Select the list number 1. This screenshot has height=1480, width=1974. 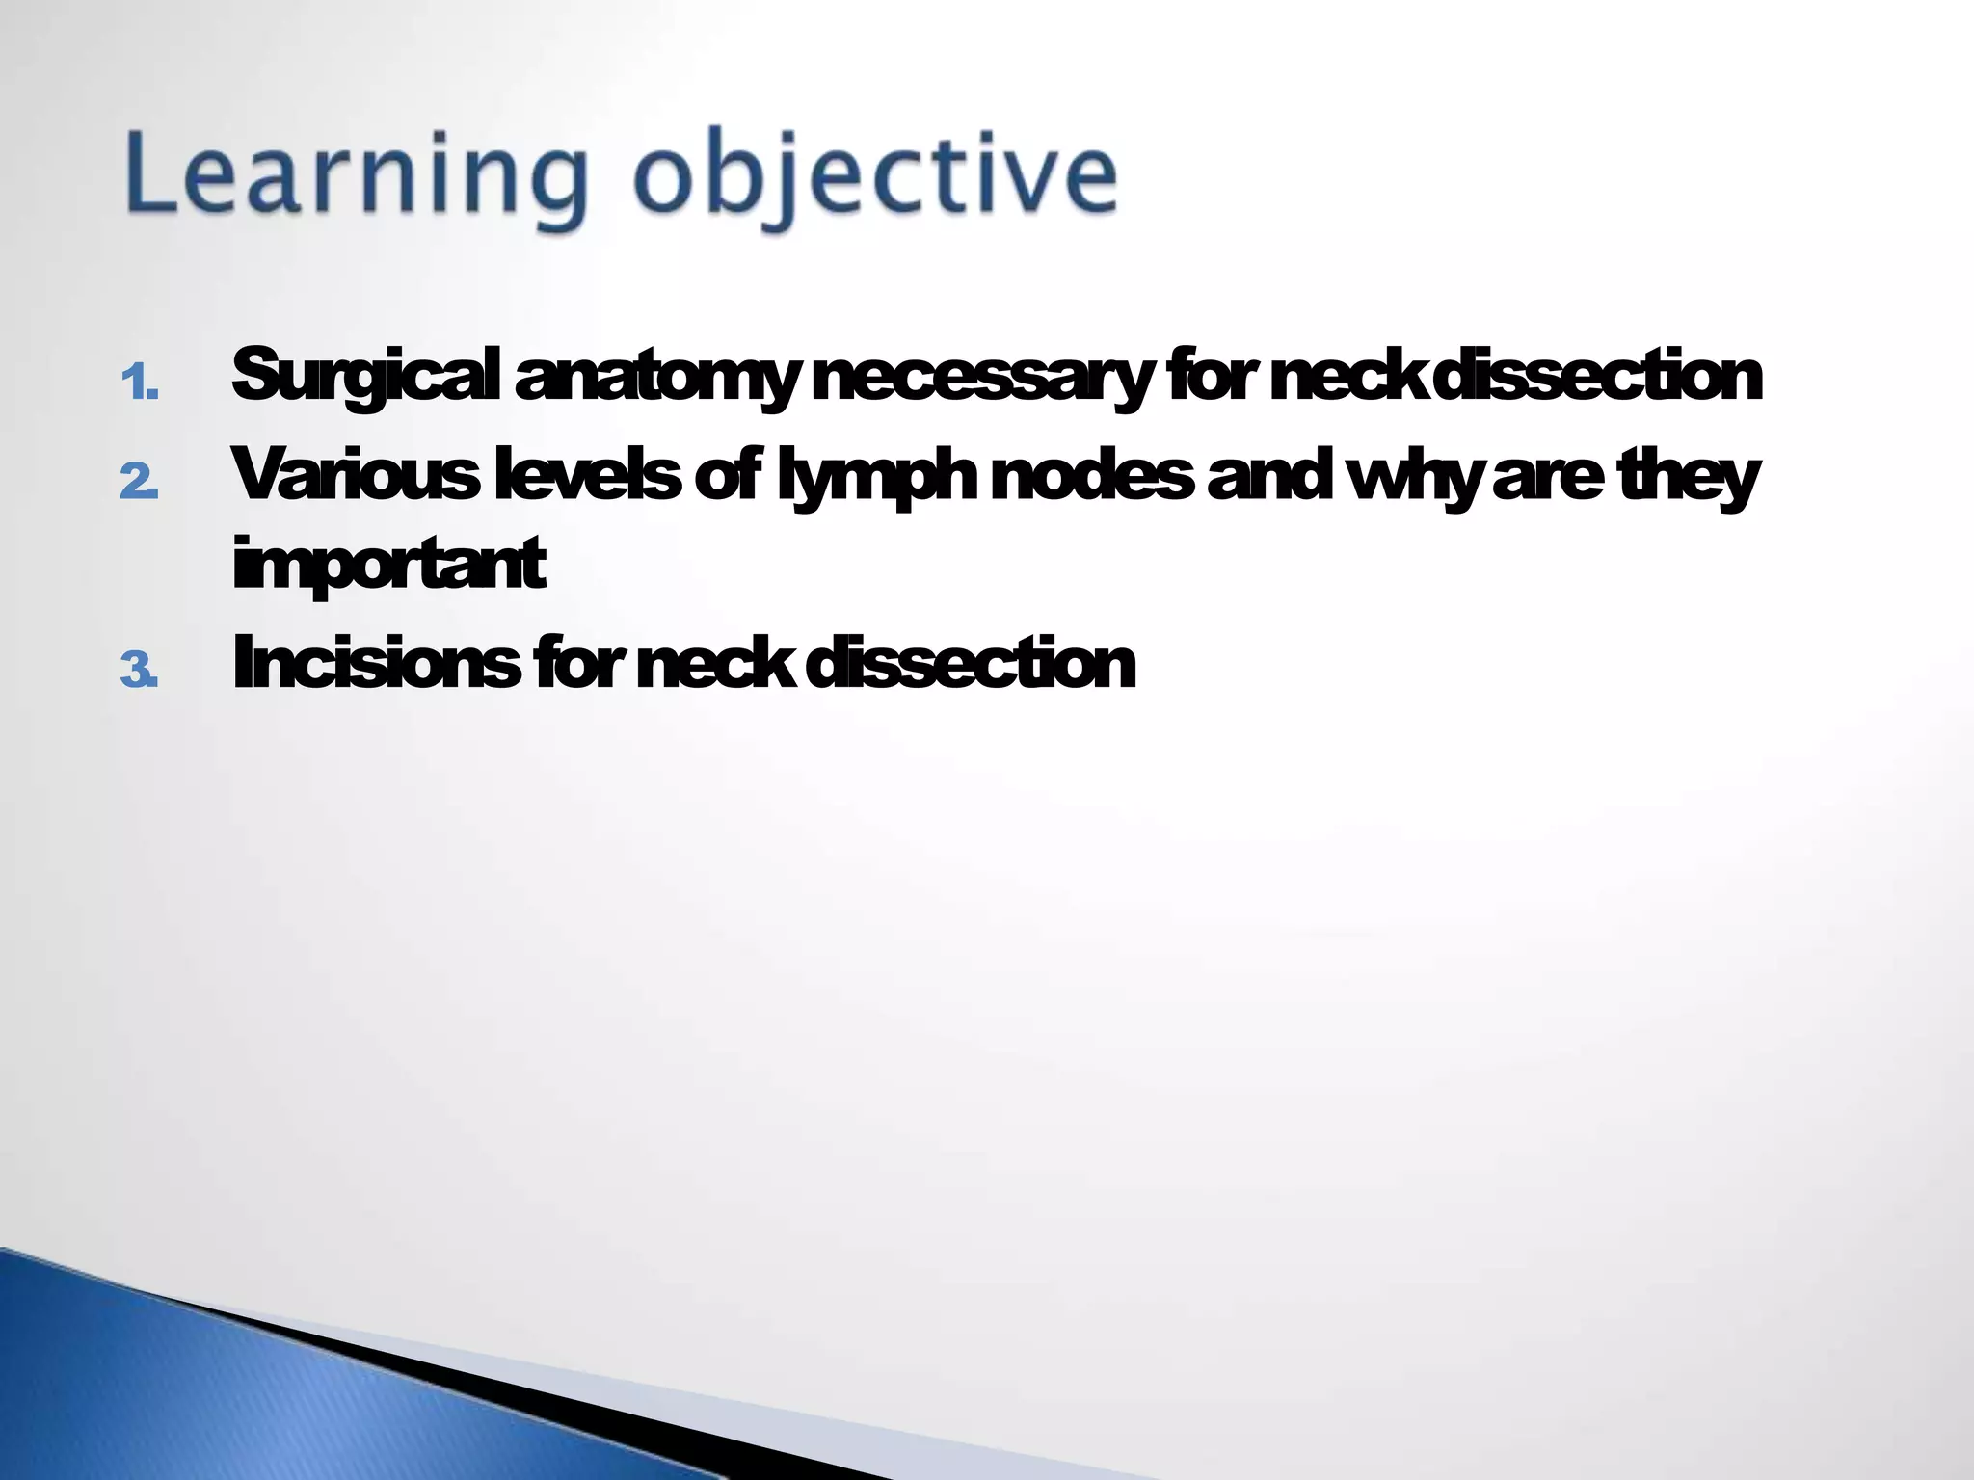click(140, 383)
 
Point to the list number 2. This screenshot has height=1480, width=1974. click(140, 481)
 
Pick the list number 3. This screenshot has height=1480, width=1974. click(140, 671)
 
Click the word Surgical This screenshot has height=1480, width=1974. click(365, 376)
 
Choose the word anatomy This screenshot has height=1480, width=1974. click(656, 376)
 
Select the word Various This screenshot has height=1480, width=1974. click(356, 474)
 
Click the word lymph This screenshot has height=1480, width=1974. click(877, 474)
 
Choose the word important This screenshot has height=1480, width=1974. click(389, 563)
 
